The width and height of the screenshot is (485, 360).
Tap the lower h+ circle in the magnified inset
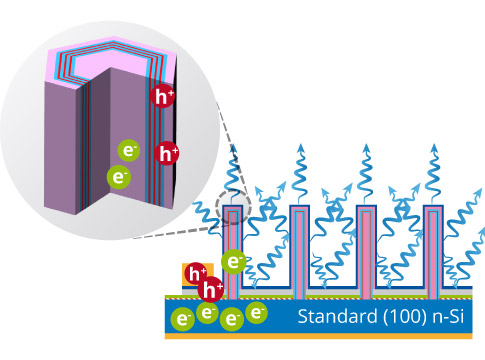pos(169,153)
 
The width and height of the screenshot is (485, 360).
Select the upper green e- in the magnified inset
pos(129,150)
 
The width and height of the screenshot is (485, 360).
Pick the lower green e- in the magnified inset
pos(119,177)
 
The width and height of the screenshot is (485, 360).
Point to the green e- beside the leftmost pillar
pos(233,262)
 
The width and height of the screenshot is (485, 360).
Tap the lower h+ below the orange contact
pos(211,290)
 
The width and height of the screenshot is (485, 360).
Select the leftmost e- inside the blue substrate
pos(182,319)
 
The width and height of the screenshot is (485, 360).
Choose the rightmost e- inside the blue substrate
pos(257,313)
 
